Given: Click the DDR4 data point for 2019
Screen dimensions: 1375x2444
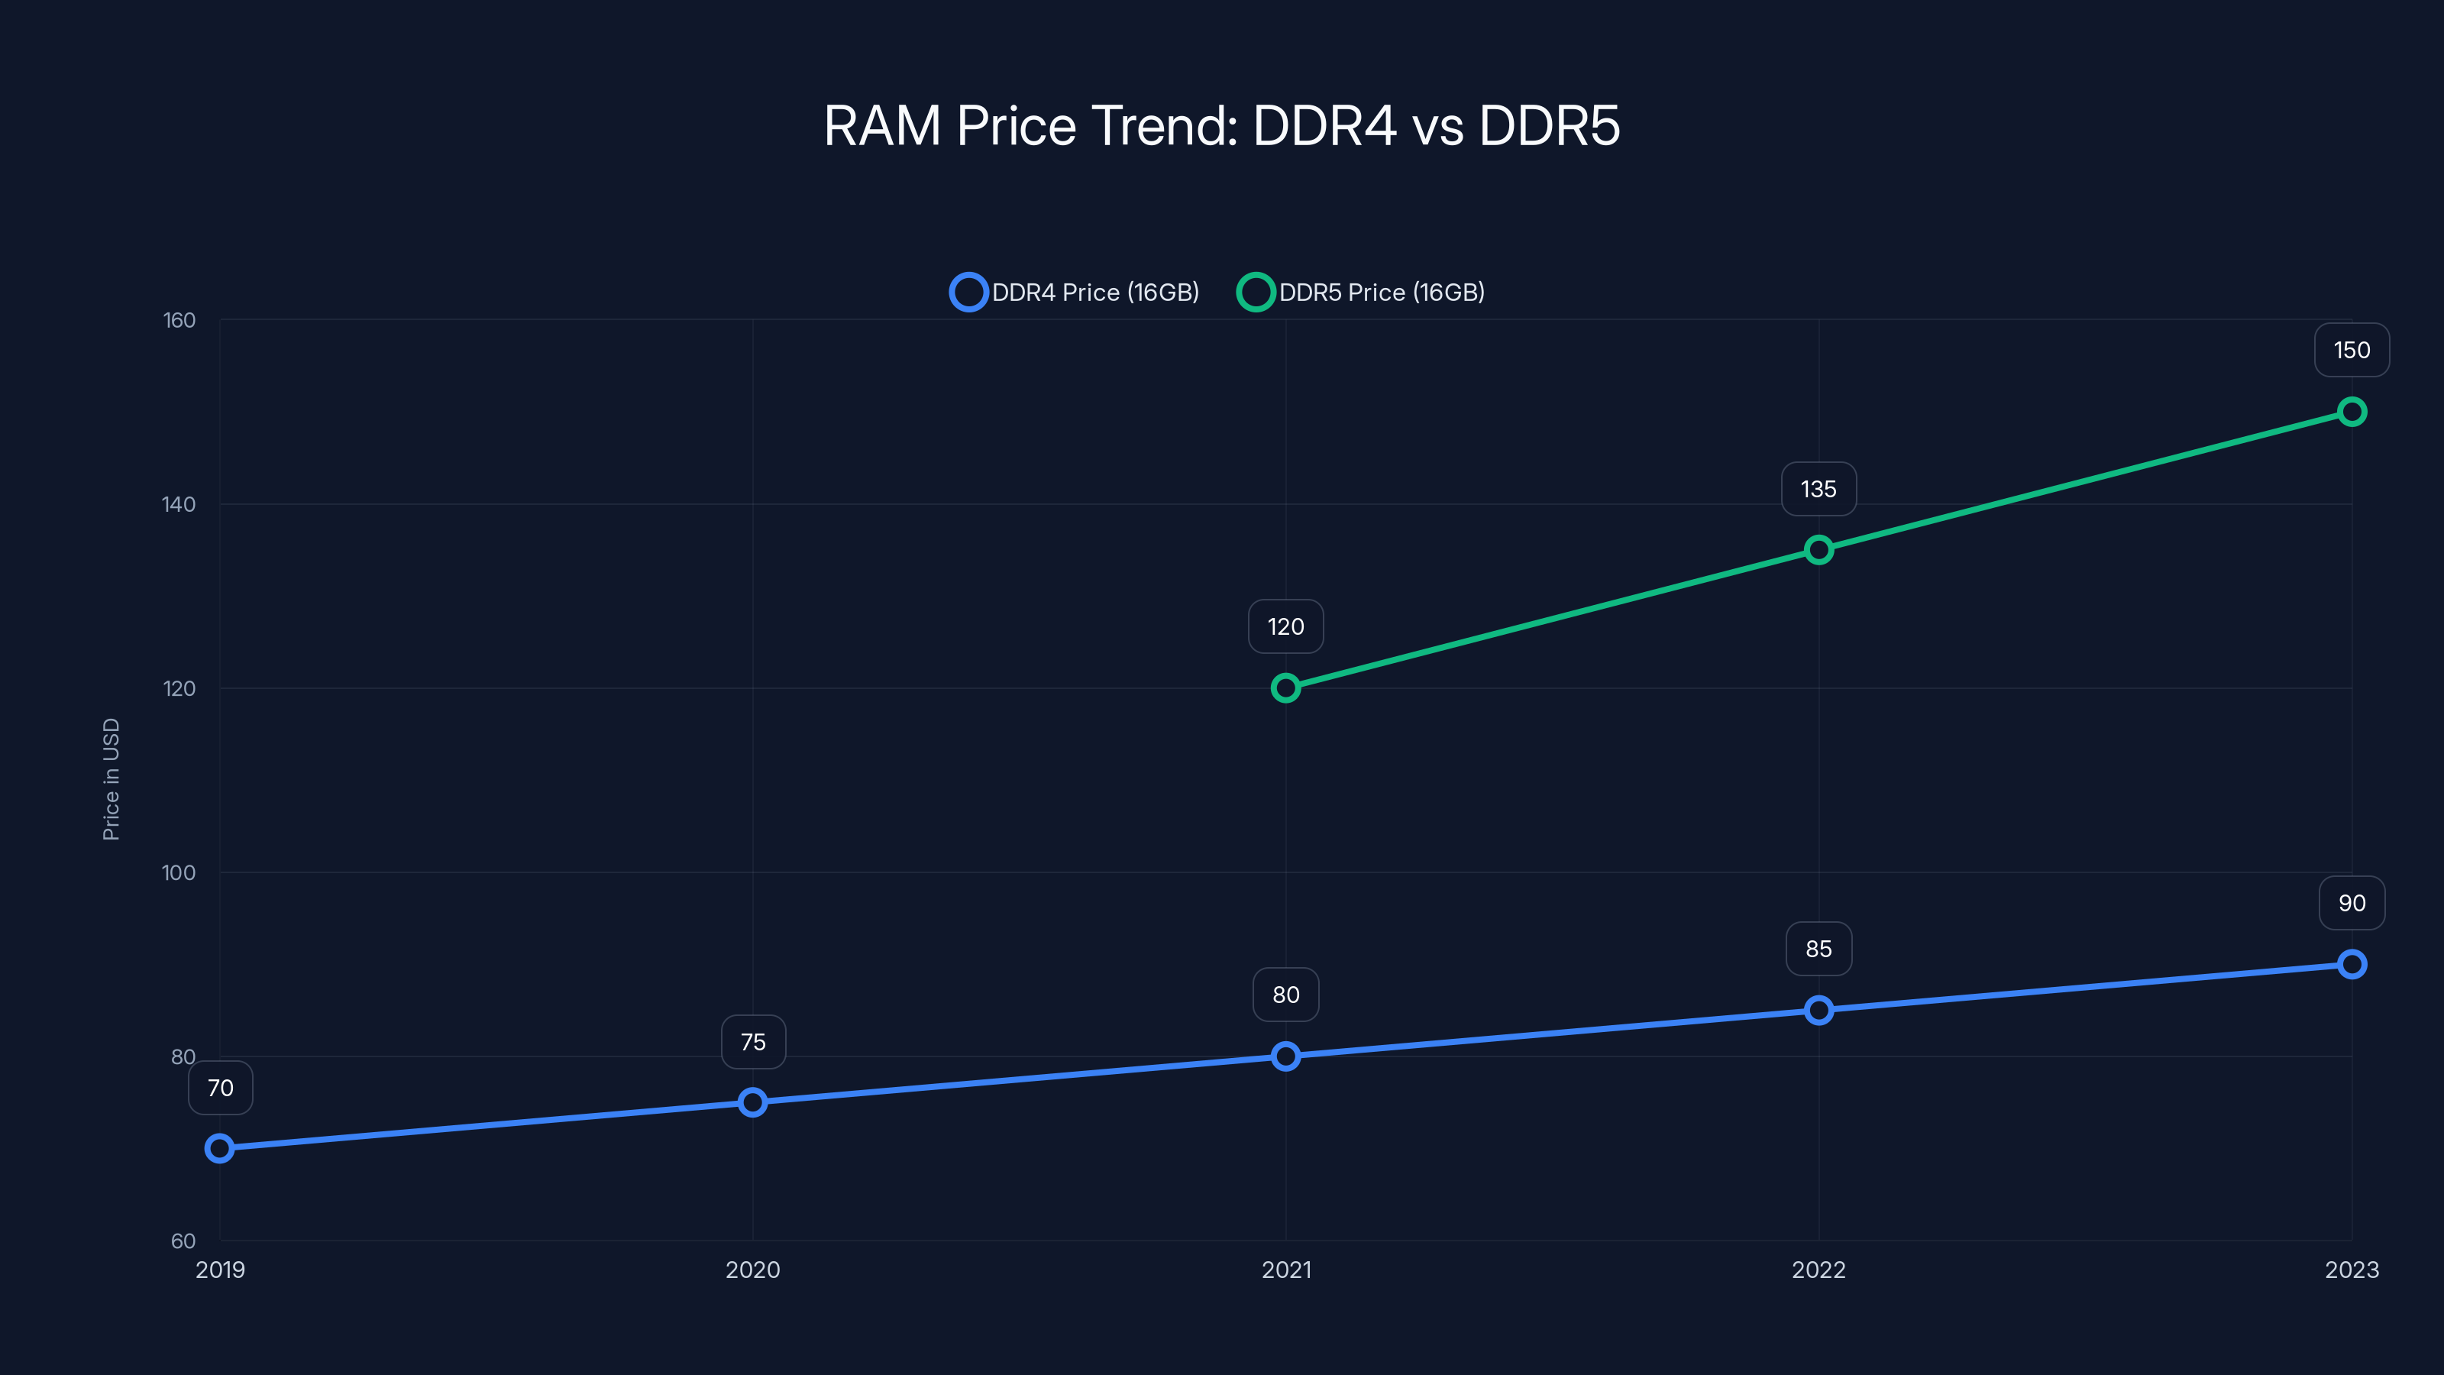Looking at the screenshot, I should tap(219, 1148).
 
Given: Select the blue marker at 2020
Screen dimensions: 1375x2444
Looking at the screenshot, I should tap(752, 1102).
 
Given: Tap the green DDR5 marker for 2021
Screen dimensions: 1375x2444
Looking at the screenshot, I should tap(1285, 688).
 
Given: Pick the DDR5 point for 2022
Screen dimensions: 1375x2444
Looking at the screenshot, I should tap(1818, 549).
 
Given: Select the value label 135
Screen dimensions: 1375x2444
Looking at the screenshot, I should tap(1818, 489).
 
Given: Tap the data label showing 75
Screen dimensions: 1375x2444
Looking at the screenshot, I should tap(752, 1042).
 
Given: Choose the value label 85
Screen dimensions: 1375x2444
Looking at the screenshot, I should tap(1818, 949).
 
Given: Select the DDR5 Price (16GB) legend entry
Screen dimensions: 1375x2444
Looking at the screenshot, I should tap(1362, 293).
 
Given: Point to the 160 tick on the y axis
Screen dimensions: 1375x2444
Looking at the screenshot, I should tap(179, 321).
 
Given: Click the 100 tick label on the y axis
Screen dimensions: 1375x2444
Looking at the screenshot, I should tap(179, 873).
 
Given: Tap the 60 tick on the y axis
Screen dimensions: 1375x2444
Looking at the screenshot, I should tap(183, 1241).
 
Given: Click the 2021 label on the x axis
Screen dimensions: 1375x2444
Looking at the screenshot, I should tap(1285, 1270).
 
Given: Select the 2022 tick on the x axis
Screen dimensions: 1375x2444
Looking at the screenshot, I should tap(1818, 1270).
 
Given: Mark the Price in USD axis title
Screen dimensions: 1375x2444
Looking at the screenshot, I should tap(111, 779).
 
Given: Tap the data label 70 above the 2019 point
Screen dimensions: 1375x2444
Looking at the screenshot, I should tap(220, 1088).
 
